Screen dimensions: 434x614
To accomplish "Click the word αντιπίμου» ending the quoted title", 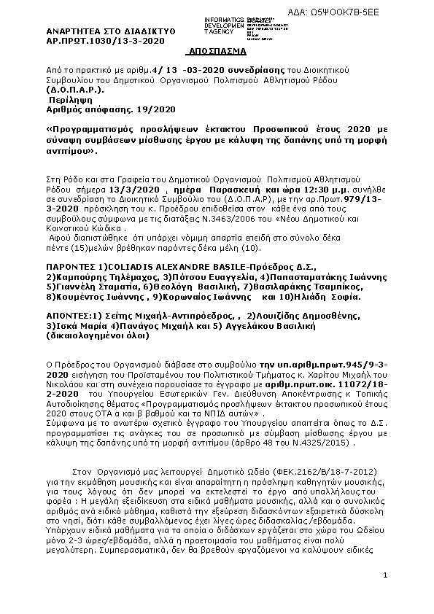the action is pyautogui.click(x=71, y=154).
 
